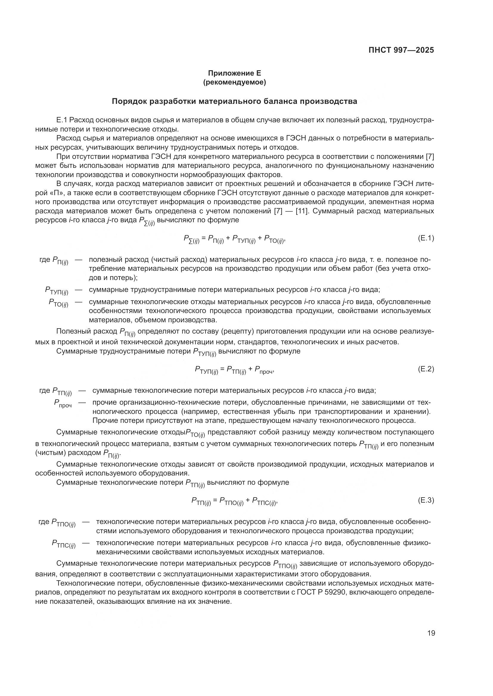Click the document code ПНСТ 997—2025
[401, 50]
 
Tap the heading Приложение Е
[234, 73]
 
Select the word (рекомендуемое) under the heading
[234, 82]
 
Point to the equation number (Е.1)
[426, 238]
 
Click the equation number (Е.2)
[426, 369]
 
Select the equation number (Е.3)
[426, 500]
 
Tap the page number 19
[431, 633]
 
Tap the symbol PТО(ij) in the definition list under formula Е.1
[58, 303]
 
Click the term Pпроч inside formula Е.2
[263, 370]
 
